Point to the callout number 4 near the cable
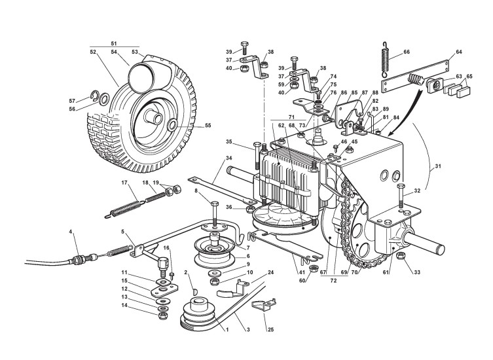pyautogui.click(x=70, y=232)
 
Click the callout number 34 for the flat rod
pyautogui.click(x=211, y=157)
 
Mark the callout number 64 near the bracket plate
pyautogui.click(x=458, y=51)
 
